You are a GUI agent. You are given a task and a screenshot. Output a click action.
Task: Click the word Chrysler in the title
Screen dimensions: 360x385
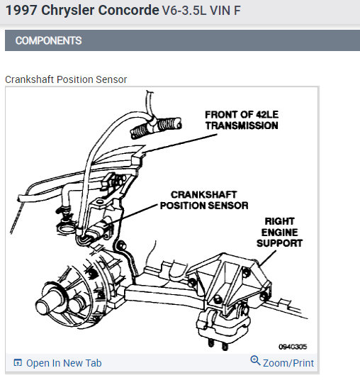pyautogui.click(x=67, y=11)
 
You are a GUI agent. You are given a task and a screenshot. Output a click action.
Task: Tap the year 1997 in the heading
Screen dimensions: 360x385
pyautogui.click(x=21, y=11)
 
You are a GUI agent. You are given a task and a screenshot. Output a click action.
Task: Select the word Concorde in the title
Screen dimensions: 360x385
pyautogui.click(x=128, y=11)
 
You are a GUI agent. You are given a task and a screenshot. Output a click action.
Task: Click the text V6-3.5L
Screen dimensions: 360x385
pyautogui.click(x=184, y=11)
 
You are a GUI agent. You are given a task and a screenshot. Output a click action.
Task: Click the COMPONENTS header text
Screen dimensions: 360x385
pyautogui.click(x=48, y=40)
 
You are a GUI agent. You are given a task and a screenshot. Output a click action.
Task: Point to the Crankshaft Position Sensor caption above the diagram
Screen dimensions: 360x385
pyautogui.click(x=66, y=79)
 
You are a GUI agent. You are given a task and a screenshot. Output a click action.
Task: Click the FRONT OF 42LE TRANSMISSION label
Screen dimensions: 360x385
pyautogui.click(x=242, y=120)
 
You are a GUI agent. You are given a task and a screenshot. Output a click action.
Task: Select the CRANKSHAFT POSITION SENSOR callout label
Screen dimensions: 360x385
pyautogui.click(x=204, y=200)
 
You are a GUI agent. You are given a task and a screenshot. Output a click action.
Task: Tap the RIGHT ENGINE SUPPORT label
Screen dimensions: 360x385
pyautogui.click(x=279, y=233)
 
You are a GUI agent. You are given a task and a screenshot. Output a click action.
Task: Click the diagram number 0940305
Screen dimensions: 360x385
pyautogui.click(x=293, y=347)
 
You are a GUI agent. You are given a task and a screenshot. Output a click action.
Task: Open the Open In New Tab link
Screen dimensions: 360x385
pyautogui.click(x=64, y=363)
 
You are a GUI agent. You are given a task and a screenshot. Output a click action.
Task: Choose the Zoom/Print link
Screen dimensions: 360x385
pyautogui.click(x=288, y=363)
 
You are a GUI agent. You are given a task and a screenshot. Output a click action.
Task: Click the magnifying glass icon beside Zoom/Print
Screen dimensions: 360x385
pyautogui.click(x=255, y=360)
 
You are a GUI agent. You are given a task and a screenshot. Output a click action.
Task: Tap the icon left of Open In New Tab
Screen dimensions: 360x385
pyautogui.click(x=18, y=362)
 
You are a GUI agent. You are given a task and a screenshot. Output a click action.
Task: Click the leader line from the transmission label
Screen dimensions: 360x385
pyautogui.click(x=181, y=143)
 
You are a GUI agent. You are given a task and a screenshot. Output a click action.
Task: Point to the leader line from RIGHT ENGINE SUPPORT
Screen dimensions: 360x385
pyautogui.click(x=268, y=258)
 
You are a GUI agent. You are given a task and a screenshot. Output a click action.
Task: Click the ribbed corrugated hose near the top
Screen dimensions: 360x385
pyautogui.click(x=156, y=128)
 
